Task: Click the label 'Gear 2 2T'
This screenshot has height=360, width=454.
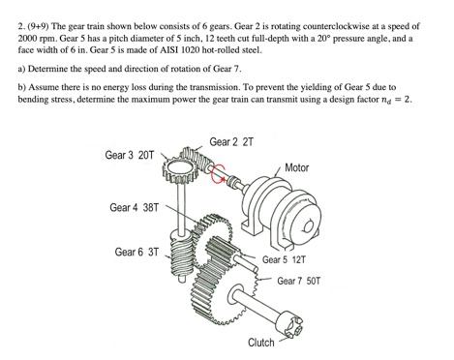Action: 231,142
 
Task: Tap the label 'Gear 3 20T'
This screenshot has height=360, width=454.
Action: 130,155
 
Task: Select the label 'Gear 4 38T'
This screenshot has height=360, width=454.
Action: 134,207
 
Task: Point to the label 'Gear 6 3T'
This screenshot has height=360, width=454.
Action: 136,252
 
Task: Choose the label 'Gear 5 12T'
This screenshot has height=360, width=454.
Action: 284,259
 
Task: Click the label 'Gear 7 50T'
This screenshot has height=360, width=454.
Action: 299,281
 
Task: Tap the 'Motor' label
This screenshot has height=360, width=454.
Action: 296,167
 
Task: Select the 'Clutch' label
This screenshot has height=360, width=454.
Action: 261,343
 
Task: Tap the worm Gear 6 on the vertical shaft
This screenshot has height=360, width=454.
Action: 180,255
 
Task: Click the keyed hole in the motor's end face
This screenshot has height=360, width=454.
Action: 308,227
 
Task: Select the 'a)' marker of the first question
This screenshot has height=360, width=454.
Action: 21,69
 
